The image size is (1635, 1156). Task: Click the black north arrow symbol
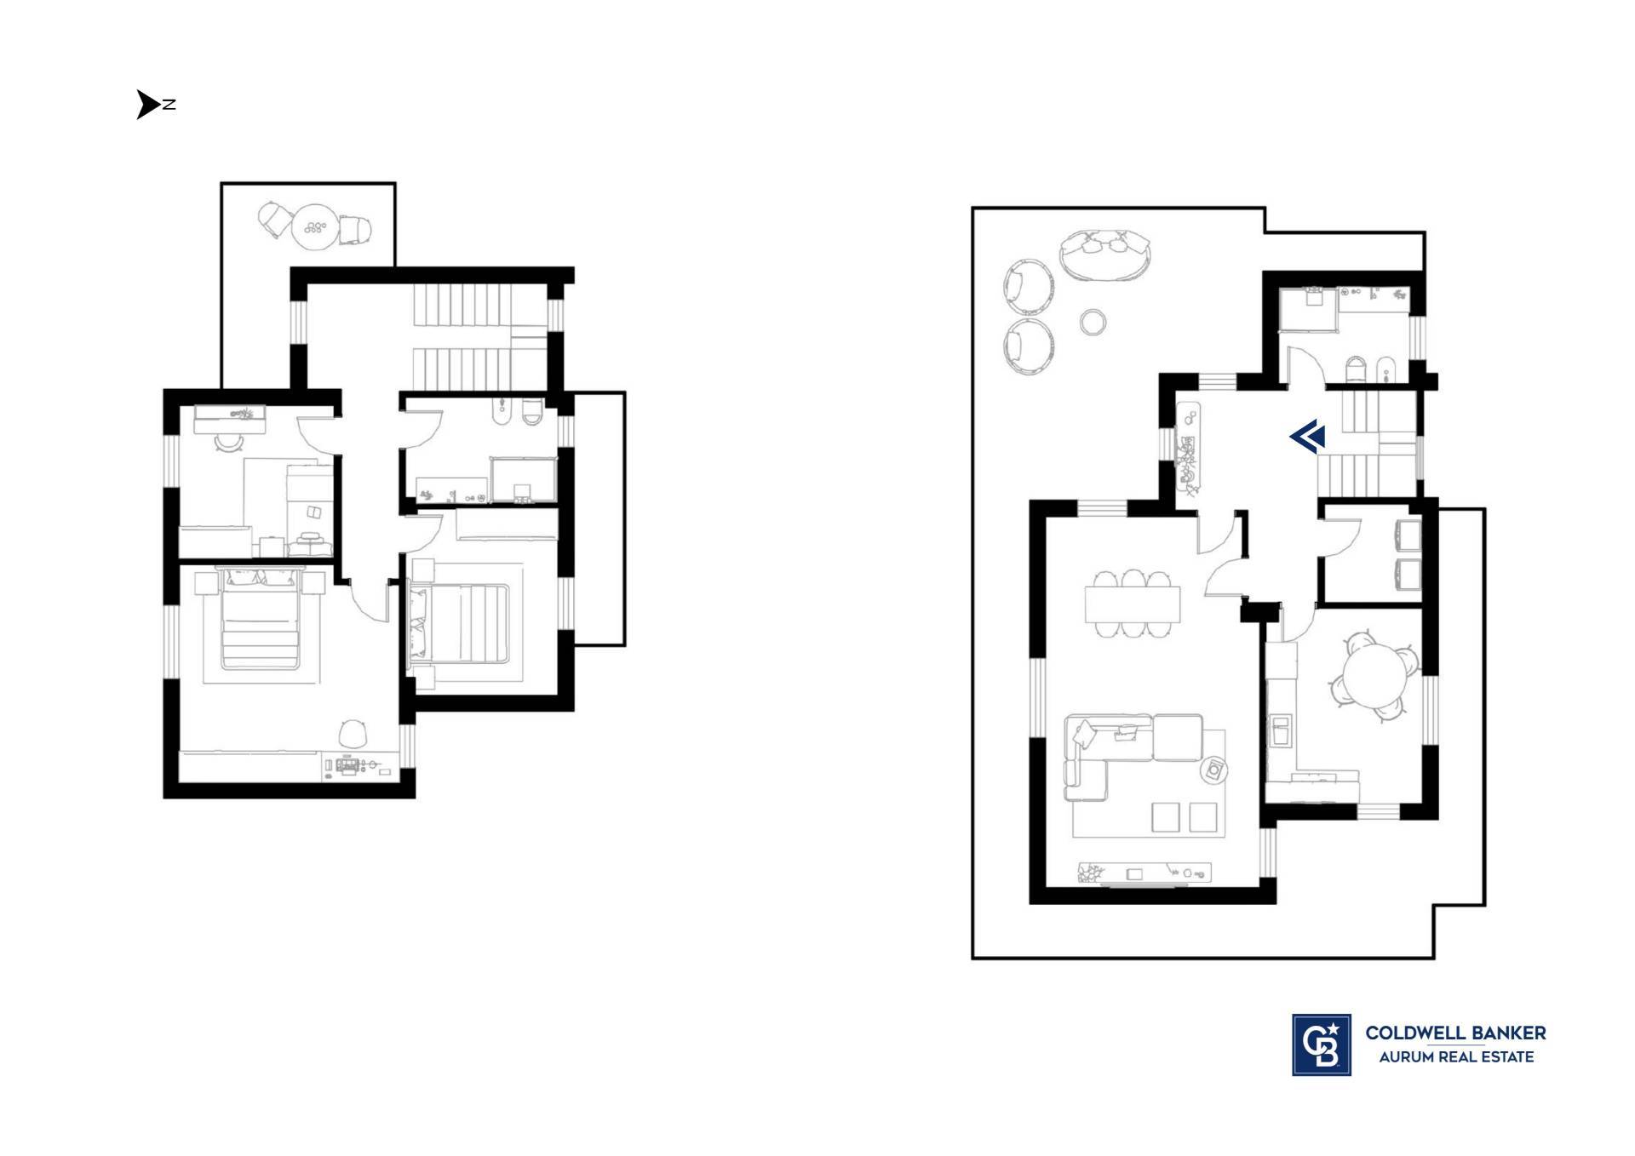(x=146, y=105)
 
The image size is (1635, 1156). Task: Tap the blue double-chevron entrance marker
(x=1307, y=437)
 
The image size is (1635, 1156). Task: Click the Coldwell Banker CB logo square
(x=1321, y=1044)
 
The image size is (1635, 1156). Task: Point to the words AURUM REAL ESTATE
(x=1456, y=1057)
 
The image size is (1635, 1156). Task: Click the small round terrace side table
(x=1093, y=322)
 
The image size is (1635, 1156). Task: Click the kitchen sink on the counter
(x=1280, y=731)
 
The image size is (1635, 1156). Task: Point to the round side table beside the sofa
(x=1213, y=771)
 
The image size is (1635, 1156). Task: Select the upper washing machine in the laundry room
(x=1408, y=536)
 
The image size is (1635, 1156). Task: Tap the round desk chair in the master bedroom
(x=353, y=733)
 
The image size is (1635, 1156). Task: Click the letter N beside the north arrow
(x=169, y=105)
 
